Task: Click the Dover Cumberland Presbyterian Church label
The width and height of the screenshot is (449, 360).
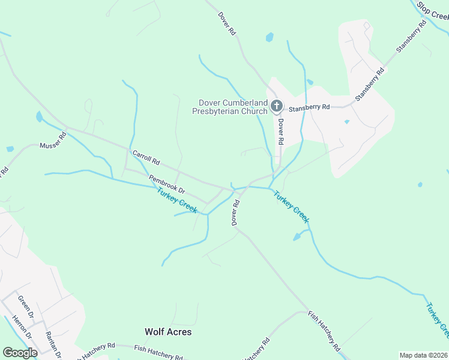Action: [229, 107]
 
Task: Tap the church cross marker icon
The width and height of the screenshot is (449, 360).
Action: [277, 107]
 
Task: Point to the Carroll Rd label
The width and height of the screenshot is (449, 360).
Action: [146, 158]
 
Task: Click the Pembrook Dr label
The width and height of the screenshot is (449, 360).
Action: [167, 184]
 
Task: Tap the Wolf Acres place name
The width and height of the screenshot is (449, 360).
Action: [168, 332]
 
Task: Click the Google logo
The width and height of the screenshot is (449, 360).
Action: [20, 353]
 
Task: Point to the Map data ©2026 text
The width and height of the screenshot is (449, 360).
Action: [423, 355]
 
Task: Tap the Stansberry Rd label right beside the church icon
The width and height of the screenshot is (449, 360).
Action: [309, 107]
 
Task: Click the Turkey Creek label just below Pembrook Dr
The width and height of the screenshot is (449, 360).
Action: [177, 200]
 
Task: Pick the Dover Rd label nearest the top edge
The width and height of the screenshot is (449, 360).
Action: [227, 23]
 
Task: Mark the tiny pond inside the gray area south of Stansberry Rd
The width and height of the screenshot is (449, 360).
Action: [347, 122]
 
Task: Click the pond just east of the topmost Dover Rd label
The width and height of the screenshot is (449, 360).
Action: [270, 37]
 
